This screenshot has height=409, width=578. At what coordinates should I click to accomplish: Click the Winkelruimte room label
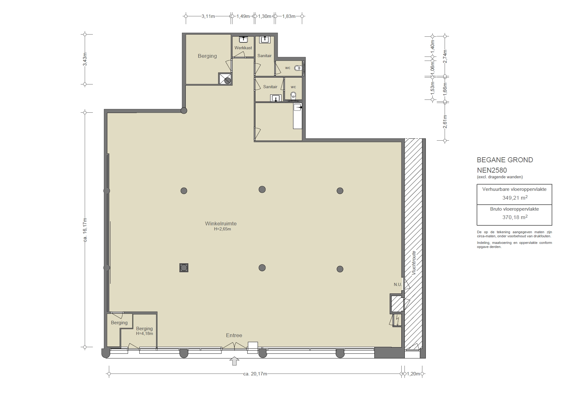click(221, 224)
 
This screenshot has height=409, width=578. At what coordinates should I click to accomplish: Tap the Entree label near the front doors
click(234, 336)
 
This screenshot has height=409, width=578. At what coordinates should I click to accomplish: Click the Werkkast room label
click(243, 48)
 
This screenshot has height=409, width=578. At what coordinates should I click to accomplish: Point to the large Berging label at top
click(207, 56)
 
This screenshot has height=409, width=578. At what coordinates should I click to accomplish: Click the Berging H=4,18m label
click(144, 331)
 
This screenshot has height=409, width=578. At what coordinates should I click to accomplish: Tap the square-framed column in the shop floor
click(184, 268)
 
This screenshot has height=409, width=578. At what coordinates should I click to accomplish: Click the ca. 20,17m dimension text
click(255, 374)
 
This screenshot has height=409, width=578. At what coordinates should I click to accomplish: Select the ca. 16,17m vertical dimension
click(85, 230)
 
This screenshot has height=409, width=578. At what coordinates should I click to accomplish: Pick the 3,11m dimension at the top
click(208, 16)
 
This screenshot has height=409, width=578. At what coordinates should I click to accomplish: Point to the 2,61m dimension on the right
click(445, 122)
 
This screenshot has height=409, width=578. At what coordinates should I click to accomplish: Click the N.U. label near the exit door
click(397, 284)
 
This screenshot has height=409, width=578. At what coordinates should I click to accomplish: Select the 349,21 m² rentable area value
click(515, 198)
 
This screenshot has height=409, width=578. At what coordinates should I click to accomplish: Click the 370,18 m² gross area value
click(515, 217)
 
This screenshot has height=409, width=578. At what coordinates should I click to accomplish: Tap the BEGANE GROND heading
click(505, 160)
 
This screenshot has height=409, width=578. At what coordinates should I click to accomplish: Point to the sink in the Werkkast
click(244, 39)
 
